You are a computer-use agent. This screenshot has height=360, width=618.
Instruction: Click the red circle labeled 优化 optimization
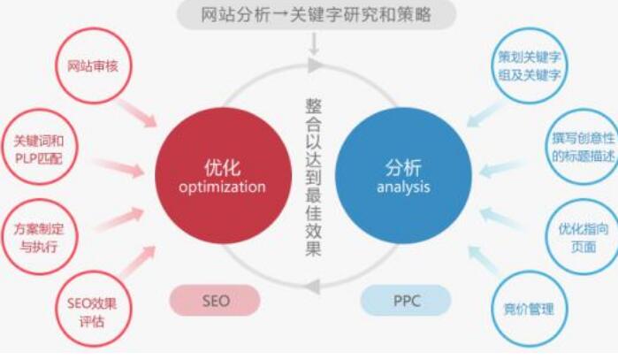(222, 176)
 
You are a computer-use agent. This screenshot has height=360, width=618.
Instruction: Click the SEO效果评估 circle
(92, 309)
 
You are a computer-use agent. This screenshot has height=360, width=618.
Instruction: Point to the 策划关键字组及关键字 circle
(530, 65)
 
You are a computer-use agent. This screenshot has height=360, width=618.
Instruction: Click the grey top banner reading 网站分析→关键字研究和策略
(316, 14)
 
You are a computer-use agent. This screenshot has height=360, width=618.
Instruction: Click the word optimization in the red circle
(222, 188)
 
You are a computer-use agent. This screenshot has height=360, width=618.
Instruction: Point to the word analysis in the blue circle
(402, 187)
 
